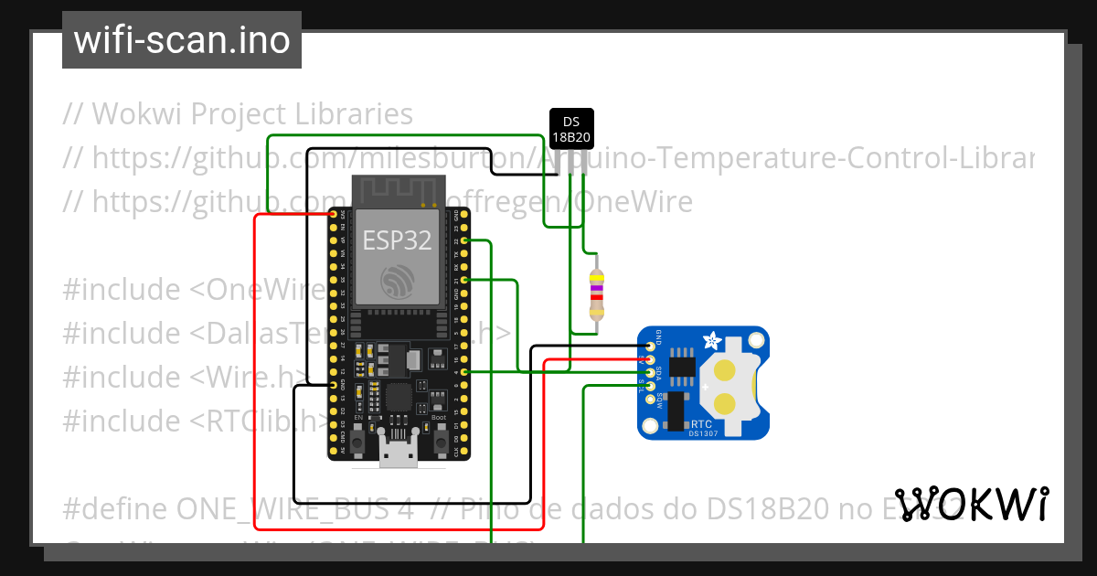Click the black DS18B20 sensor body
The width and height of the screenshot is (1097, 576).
(x=571, y=129)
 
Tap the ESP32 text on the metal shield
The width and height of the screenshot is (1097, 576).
(x=398, y=240)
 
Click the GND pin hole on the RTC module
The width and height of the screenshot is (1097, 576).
(x=650, y=346)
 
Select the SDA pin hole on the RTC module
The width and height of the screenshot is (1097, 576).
(x=650, y=372)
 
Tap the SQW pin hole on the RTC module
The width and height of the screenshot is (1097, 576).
(x=650, y=398)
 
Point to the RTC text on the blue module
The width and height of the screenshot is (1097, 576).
(x=702, y=424)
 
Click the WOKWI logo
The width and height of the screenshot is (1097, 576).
(x=971, y=505)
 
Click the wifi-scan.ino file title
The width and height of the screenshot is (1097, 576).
(x=182, y=40)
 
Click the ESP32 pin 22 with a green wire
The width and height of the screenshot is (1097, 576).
(x=465, y=240)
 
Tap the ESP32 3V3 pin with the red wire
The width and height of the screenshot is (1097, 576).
(x=333, y=214)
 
